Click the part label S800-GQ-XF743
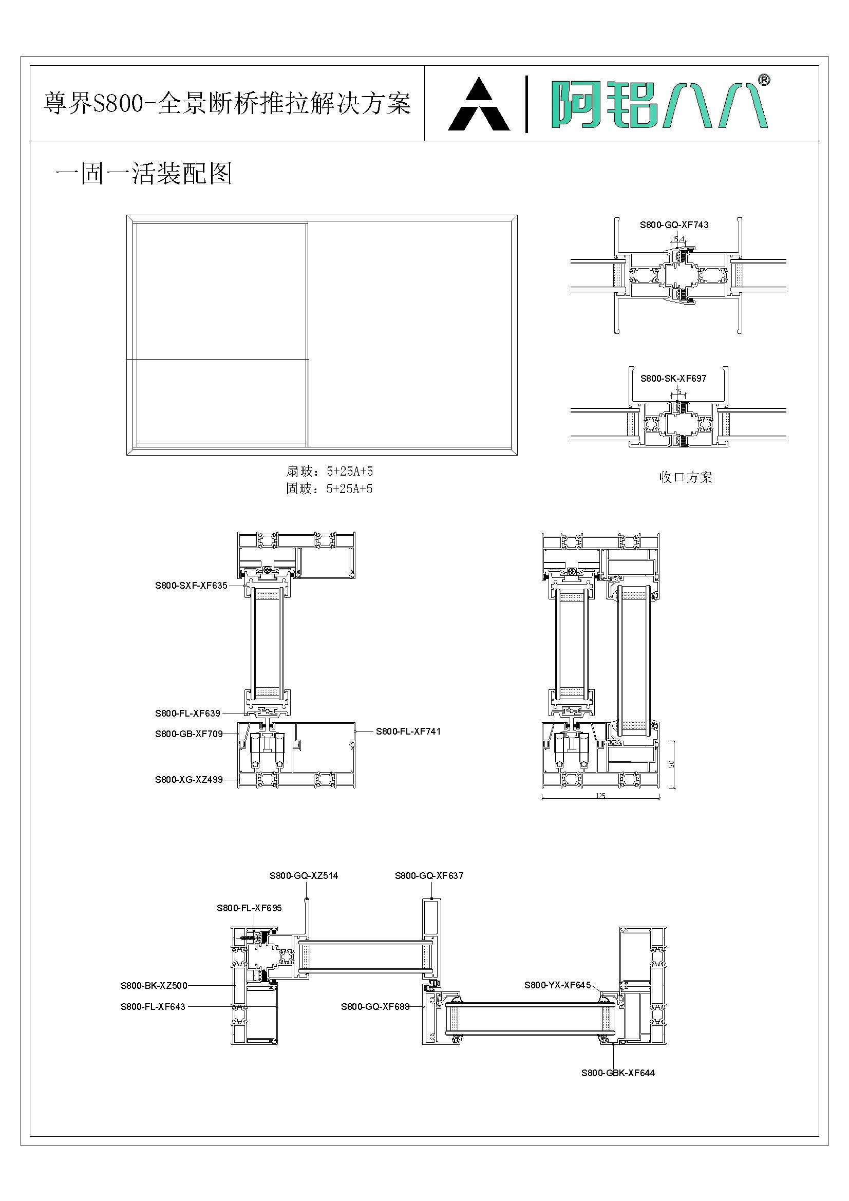674,225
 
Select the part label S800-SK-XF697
673,378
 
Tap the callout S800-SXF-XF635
191,585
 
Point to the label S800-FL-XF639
187,713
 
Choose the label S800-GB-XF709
188,734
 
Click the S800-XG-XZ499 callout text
188,779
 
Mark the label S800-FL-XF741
408,731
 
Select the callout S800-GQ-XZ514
304,876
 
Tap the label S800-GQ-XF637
429,876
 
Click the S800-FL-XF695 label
249,908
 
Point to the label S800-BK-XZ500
154,985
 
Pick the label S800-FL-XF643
153,1006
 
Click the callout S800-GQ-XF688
375,1006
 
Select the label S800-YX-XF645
557,985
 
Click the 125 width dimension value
600,796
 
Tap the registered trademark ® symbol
764,80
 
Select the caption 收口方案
685,477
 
